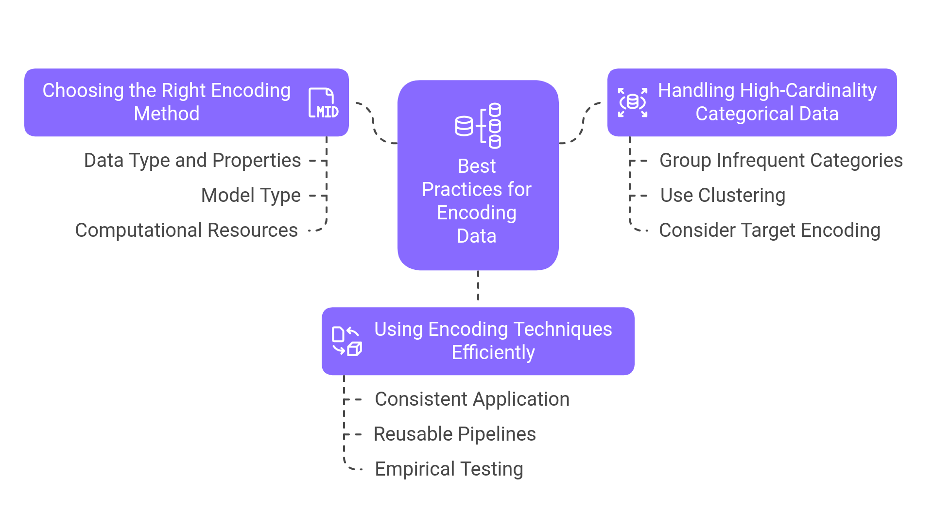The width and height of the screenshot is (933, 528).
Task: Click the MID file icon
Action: point(323,103)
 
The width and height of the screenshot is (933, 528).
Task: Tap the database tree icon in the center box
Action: point(478,126)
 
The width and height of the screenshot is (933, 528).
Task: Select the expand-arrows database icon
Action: point(632,102)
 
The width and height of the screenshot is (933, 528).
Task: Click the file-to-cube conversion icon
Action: point(346,341)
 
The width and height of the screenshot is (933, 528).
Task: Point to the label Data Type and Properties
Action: point(192,161)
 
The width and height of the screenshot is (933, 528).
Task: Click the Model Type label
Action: point(251,196)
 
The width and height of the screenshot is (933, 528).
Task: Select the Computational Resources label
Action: point(186,231)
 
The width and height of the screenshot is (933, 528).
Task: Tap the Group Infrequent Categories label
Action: point(780,161)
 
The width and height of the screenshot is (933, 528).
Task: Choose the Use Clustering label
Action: point(722,196)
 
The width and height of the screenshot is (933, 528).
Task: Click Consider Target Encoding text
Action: point(769,231)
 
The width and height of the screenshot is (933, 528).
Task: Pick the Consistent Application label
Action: point(472,399)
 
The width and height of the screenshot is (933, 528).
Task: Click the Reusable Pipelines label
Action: point(454,434)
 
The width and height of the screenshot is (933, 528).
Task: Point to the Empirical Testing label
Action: point(449,469)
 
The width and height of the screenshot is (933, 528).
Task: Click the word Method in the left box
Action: point(167,114)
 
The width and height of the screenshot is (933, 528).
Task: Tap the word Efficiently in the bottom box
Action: point(493,353)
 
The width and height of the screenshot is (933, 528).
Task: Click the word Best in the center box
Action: point(477,166)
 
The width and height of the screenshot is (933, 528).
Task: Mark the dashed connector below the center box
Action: point(478,288)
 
